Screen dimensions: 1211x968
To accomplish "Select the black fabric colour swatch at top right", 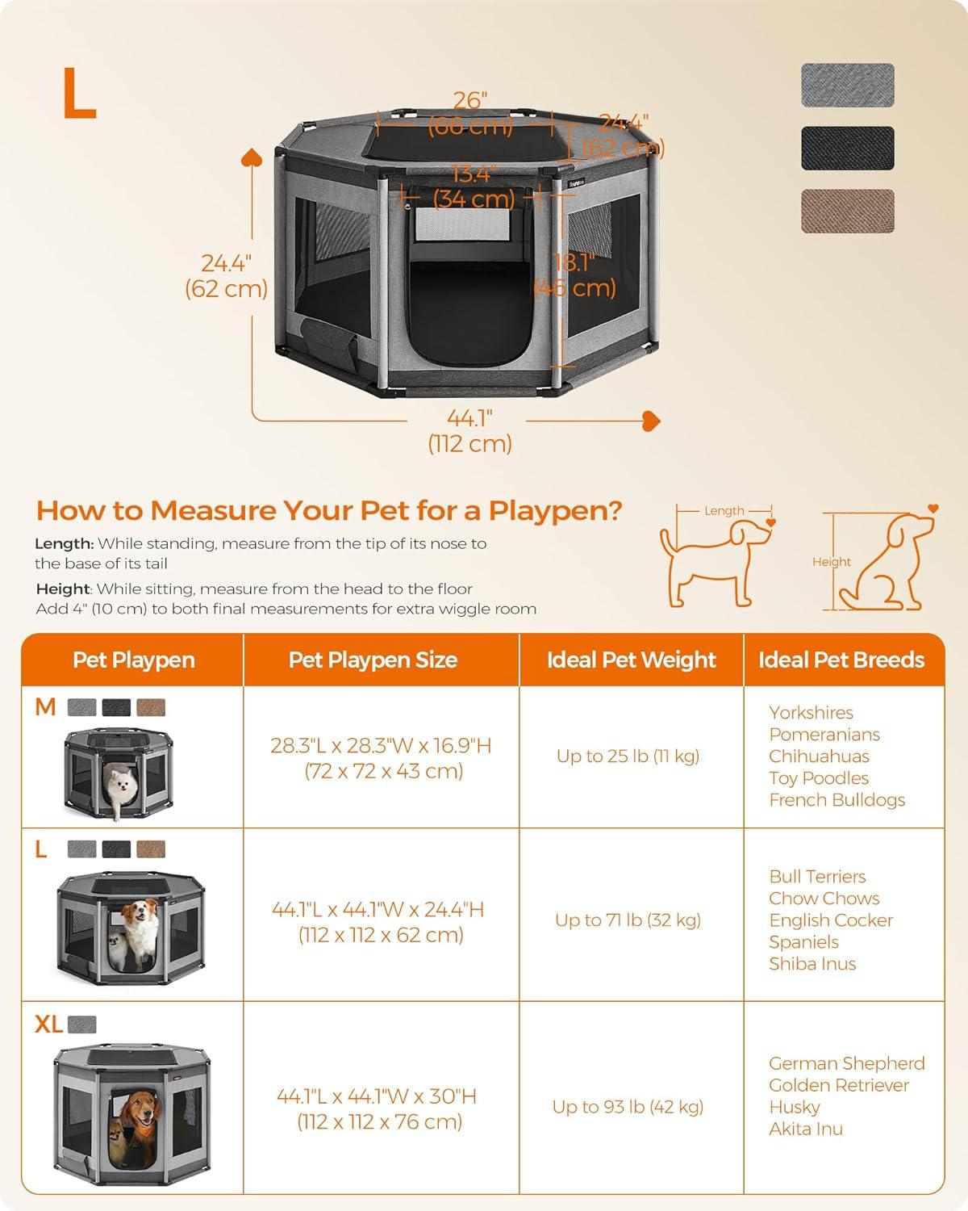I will point(847,148).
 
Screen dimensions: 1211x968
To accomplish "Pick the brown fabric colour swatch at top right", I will point(847,211).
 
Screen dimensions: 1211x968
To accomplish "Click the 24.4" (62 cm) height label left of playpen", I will point(226,275).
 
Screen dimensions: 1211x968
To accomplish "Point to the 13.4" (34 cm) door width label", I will point(473,186).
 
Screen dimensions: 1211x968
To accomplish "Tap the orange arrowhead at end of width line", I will point(651,420).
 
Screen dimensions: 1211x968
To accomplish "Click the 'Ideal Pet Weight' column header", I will point(631,660).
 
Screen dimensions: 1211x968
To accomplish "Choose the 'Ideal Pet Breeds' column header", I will point(841,660).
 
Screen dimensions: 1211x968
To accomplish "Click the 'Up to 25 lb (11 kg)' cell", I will point(628,756).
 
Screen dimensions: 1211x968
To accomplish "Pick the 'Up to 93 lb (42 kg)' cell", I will point(628,1107).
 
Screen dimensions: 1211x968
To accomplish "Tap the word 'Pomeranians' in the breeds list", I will point(824,735).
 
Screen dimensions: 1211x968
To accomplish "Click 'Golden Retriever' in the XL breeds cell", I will point(838,1085).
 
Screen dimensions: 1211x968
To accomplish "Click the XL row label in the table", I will point(48,1025).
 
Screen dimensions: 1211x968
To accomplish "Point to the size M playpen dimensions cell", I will point(381,758).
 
